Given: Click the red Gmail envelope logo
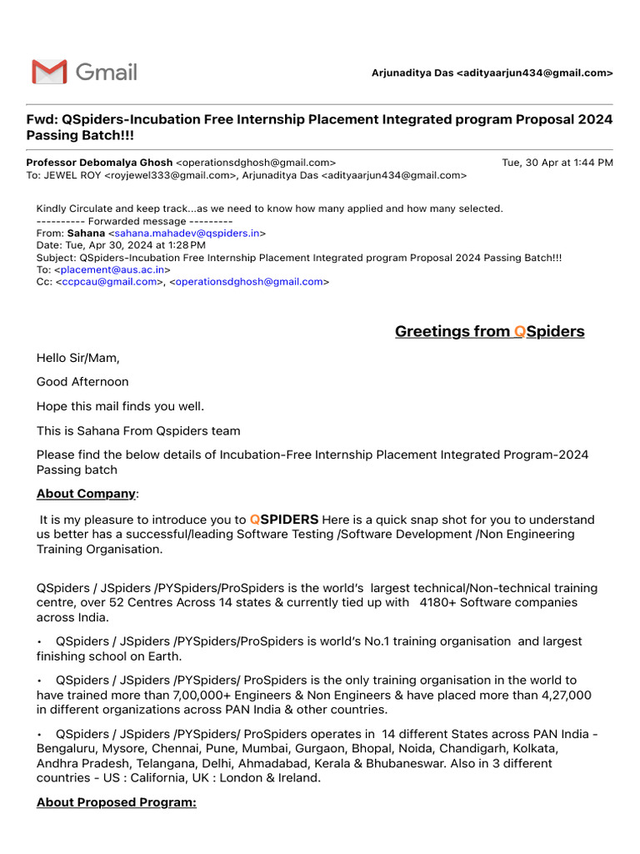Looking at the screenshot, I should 49,73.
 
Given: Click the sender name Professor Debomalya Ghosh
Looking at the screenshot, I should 99,163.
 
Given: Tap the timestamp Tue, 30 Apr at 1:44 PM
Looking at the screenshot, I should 557,163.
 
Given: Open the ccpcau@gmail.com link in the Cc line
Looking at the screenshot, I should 109,282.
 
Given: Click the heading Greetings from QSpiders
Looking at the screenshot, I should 489,332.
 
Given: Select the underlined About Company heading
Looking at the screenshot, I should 86,494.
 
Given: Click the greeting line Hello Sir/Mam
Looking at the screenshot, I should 78,358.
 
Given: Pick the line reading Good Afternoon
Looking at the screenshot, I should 82,382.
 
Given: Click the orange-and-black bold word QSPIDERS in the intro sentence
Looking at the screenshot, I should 284,520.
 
